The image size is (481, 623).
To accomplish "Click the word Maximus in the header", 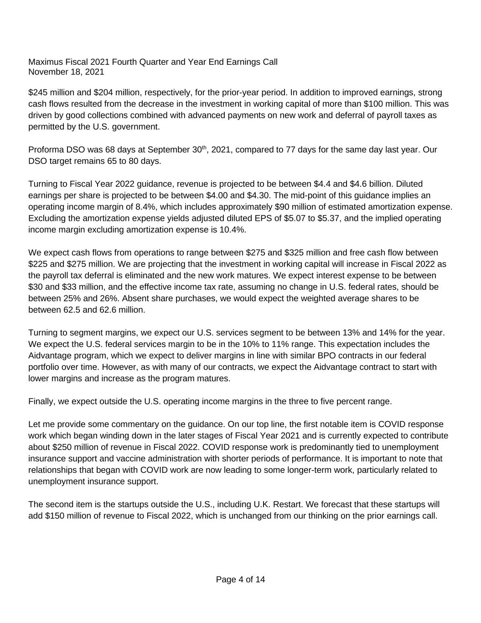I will coord(44,62).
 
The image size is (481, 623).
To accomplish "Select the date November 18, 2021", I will coord(66,72).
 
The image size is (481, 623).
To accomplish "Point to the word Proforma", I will coord(46,150).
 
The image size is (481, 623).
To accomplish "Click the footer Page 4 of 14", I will coord(240,580).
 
